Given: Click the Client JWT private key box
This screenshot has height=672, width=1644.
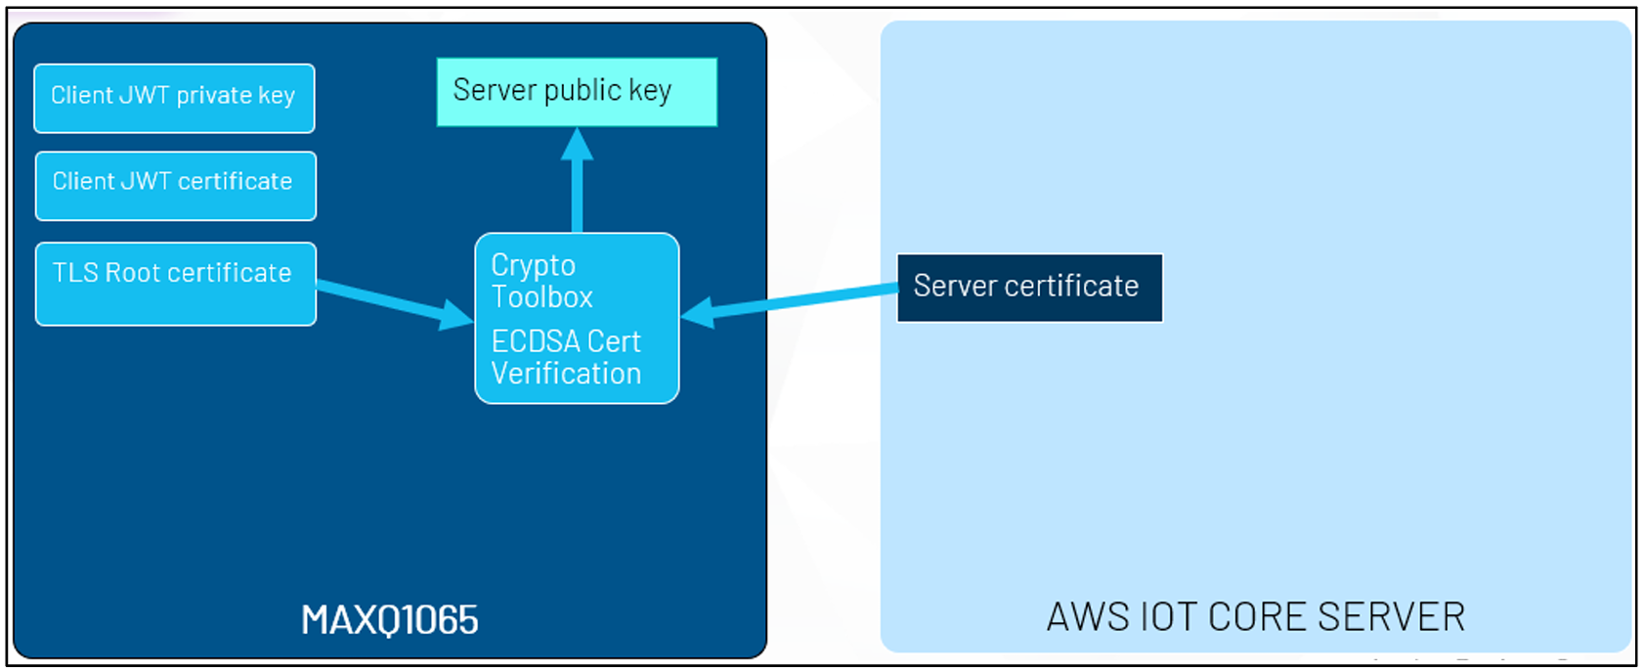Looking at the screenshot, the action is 175,99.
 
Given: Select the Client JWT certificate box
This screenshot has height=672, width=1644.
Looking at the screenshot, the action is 176,186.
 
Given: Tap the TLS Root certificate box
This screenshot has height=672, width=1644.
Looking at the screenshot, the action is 176,284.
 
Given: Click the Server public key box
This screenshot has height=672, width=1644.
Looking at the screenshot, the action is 577,92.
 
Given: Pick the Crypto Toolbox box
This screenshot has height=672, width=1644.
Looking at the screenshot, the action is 577,318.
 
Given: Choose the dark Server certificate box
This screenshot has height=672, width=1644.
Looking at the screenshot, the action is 1030,288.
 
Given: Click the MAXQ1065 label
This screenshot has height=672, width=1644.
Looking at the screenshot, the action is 390,619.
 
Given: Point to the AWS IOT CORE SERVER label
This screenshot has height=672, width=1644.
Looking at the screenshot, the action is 1256,617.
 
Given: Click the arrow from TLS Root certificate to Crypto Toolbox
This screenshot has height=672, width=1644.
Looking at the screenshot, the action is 395,302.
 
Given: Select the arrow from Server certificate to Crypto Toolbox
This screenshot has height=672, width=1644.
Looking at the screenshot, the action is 790,302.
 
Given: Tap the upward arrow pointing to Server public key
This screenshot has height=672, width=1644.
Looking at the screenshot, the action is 577,180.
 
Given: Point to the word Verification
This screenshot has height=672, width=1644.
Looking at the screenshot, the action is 566,373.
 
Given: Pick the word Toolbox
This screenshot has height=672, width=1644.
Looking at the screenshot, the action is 541,296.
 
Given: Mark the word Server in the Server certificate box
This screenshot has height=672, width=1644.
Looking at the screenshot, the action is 955,286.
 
